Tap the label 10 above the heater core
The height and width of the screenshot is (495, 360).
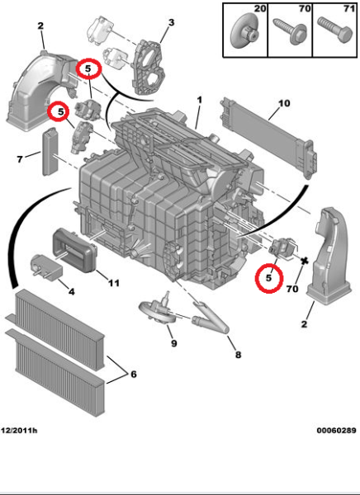[x=284, y=104]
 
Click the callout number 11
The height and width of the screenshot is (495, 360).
[x=113, y=283]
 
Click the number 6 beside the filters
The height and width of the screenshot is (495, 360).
[x=131, y=374]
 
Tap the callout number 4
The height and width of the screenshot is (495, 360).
[x=71, y=291]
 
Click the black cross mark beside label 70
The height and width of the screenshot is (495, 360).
[x=306, y=262]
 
